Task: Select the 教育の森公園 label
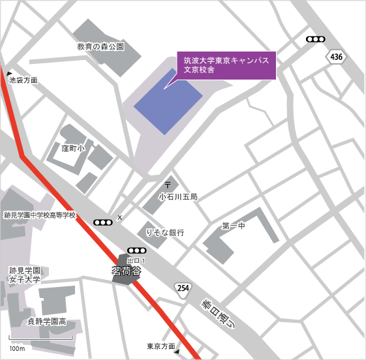click(100, 47)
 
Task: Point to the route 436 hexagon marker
click(336, 57)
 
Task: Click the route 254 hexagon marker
click(183, 288)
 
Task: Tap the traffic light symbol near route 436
click(316, 39)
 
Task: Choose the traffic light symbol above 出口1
click(137, 250)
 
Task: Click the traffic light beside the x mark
click(103, 222)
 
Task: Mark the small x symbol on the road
click(119, 217)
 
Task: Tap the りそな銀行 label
click(165, 232)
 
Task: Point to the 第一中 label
click(234, 226)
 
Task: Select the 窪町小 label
click(73, 148)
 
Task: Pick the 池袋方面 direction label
click(23, 80)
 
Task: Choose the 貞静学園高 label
click(46, 321)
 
